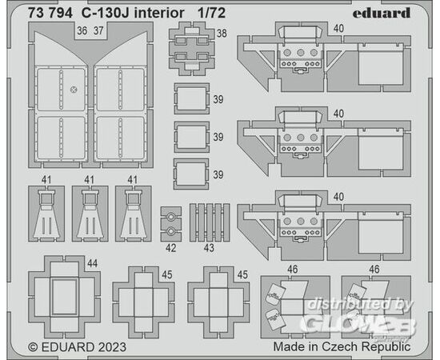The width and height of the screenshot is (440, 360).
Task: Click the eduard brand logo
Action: (x=382, y=13)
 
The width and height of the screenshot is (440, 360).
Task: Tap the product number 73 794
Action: (x=50, y=13)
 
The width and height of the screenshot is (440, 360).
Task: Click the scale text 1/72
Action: (x=211, y=13)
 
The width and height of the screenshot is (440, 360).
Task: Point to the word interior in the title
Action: (x=159, y=13)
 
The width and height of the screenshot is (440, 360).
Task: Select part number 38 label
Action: (x=222, y=34)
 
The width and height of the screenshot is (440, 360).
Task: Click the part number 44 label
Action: (x=93, y=263)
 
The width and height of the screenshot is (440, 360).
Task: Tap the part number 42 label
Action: (x=171, y=248)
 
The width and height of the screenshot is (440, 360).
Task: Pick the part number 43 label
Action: (x=209, y=248)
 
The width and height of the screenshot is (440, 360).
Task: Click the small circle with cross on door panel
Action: (x=74, y=90)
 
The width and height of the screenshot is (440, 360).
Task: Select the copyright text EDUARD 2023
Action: (x=77, y=347)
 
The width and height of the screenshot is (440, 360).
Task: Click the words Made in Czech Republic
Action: (x=342, y=347)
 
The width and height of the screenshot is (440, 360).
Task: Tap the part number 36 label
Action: (x=82, y=31)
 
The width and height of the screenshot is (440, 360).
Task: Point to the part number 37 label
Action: (x=98, y=31)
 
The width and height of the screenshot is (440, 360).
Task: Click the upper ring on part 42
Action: (x=170, y=217)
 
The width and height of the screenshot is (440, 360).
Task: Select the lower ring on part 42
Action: (x=170, y=231)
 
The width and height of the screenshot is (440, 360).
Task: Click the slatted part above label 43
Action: (x=210, y=222)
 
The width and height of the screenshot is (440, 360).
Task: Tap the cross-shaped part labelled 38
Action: (x=192, y=49)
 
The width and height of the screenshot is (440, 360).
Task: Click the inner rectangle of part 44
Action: (x=65, y=297)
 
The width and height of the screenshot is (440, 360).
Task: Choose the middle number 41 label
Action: (x=90, y=180)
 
